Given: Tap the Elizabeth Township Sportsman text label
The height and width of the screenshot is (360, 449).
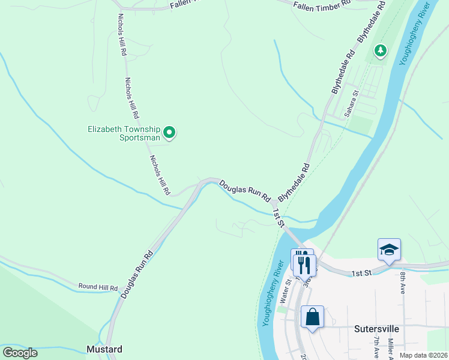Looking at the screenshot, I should (124, 133).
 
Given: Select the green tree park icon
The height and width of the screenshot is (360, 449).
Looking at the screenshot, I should (379, 51).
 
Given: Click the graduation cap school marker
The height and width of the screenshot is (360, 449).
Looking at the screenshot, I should (389, 250).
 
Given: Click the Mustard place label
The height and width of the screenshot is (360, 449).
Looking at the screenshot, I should (104, 349).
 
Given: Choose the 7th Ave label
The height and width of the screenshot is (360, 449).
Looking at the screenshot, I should (376, 347).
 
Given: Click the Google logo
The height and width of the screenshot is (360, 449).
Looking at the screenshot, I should (20, 352).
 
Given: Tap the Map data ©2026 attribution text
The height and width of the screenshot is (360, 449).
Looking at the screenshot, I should (423, 355).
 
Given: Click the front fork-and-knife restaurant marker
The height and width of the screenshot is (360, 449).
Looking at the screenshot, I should (305, 264).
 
